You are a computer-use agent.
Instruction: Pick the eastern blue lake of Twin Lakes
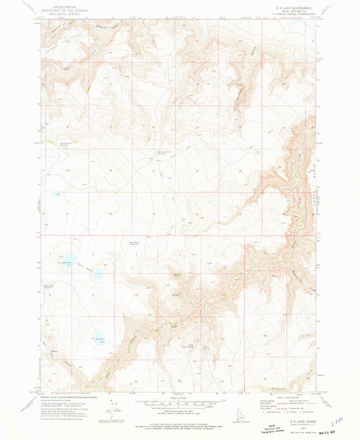98,275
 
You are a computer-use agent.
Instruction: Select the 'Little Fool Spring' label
190,346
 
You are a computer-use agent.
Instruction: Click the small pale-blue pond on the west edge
56,195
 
